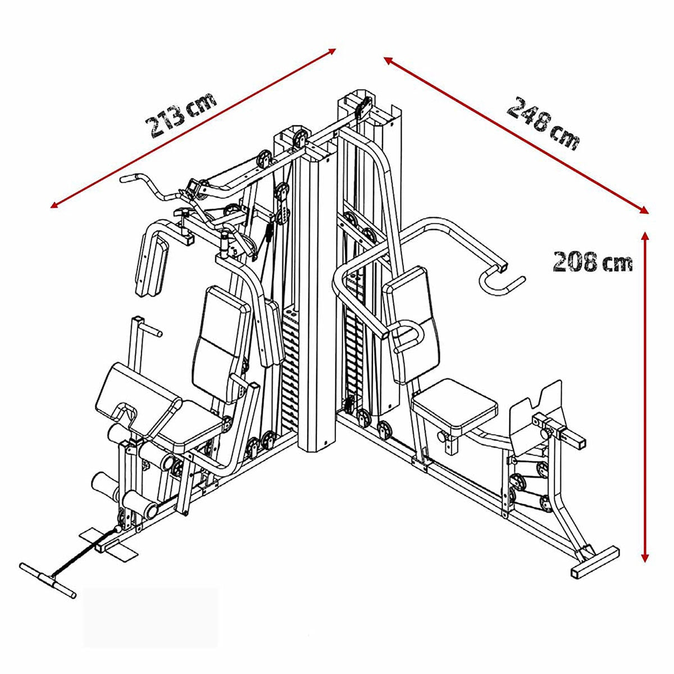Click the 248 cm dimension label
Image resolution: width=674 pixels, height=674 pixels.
543,124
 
